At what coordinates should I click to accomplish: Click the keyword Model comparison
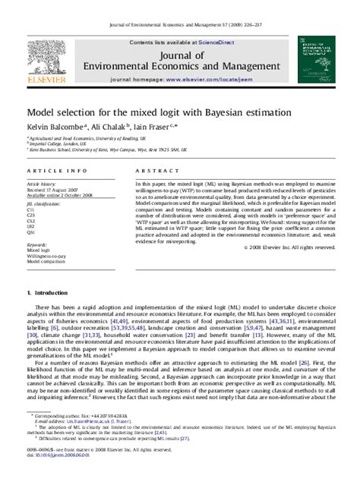(x=46, y=263)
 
